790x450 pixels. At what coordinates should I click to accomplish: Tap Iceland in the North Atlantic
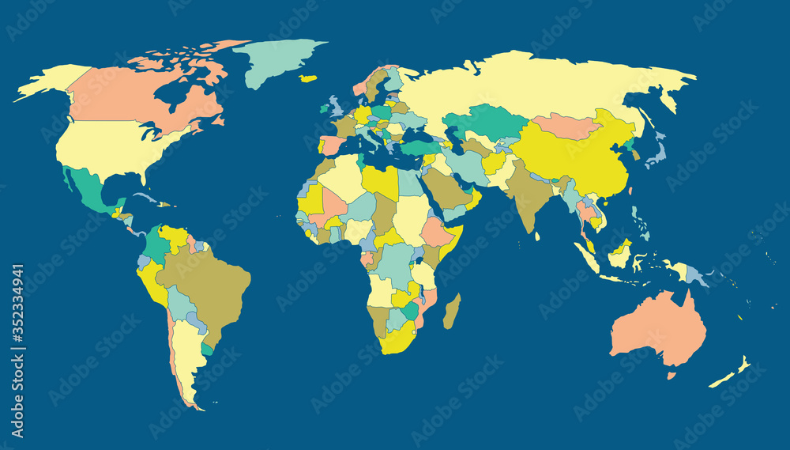tap(309, 78)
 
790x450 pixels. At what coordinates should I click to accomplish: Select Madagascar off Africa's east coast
tap(452, 312)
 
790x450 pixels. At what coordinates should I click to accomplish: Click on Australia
tap(656, 328)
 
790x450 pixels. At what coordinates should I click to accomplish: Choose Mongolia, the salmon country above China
tap(565, 126)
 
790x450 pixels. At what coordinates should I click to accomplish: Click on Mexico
tap(88, 190)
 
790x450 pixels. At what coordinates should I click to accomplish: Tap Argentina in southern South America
tap(186, 348)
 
